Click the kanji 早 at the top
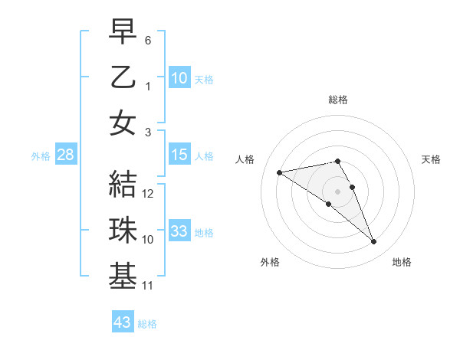[123, 32]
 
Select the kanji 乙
[123, 78]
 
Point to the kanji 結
[123, 185]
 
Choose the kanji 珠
[123, 231]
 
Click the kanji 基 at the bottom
[123, 277]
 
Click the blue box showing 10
[179, 78]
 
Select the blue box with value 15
[179, 155]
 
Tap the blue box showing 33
[179, 232]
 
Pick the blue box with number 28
[66, 155]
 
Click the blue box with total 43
[122, 322]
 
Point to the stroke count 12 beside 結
[149, 194]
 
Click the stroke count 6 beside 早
[148, 41]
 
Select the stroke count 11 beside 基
[149, 286]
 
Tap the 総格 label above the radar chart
[337, 100]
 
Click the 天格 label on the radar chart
[431, 159]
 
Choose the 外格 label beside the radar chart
[270, 262]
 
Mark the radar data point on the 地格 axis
[373, 242]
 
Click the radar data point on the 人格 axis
[279, 172]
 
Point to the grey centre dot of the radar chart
[337, 191]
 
